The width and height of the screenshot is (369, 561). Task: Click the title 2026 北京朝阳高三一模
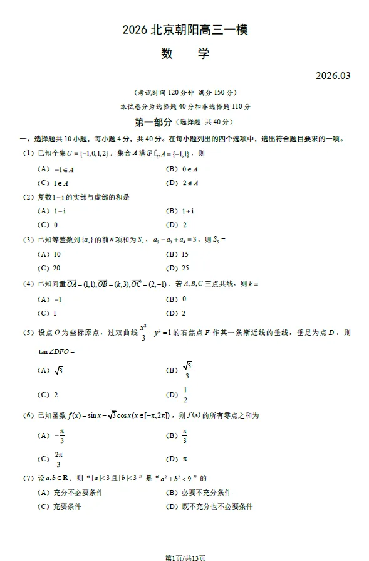185,29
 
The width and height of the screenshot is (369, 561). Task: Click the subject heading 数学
185,53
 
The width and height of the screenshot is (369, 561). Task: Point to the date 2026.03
333,76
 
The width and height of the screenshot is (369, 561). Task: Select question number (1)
28,153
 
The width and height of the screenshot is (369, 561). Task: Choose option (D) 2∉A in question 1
182,183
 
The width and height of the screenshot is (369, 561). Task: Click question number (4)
28,284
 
